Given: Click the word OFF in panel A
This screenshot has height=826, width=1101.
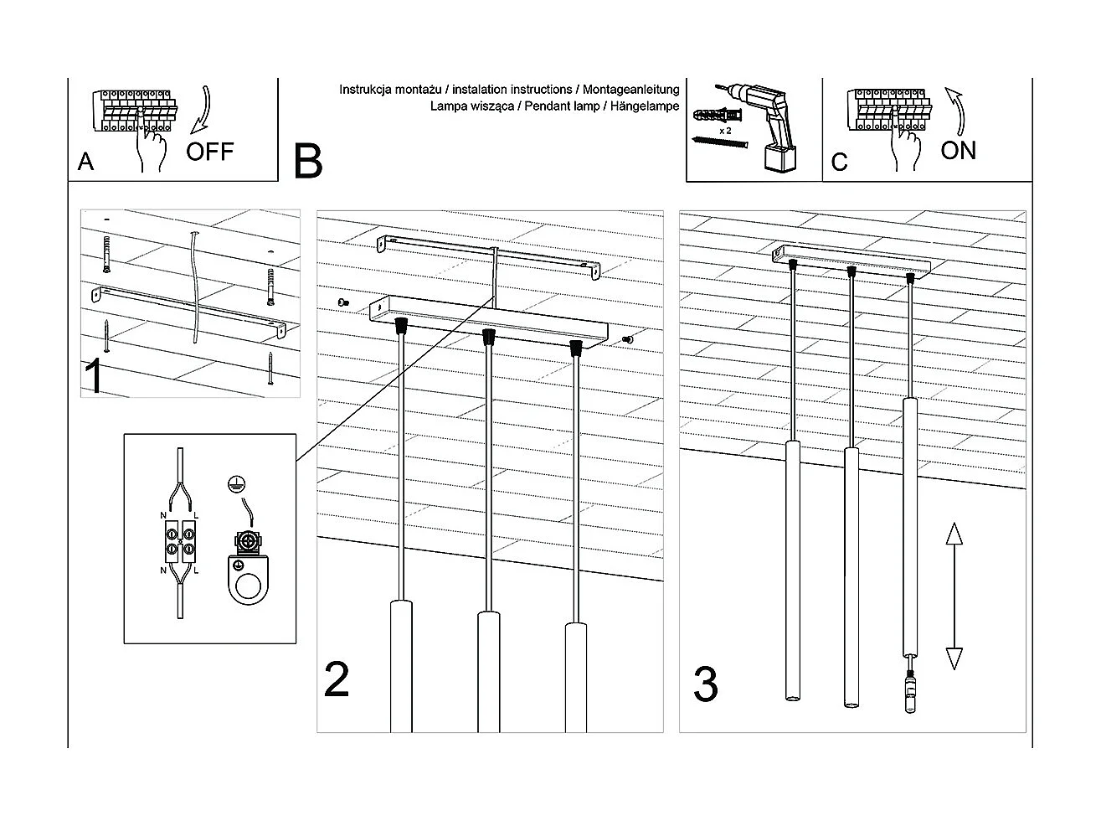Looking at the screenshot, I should point(209,152).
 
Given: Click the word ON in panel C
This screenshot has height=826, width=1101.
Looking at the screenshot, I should point(958,151).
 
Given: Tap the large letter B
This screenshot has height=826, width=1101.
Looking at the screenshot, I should point(308,161).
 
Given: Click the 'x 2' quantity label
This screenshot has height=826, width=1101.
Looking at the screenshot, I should point(725,132).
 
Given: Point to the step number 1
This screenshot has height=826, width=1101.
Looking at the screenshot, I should point(95,377).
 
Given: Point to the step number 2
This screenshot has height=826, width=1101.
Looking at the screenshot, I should point(337,680).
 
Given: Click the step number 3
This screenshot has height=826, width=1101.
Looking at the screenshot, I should point(705,685).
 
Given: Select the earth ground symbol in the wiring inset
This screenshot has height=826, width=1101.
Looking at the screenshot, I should point(235,483).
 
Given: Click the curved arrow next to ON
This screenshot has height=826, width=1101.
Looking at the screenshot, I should point(955,110).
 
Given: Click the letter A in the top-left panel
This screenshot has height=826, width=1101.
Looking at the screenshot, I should point(85,162).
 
